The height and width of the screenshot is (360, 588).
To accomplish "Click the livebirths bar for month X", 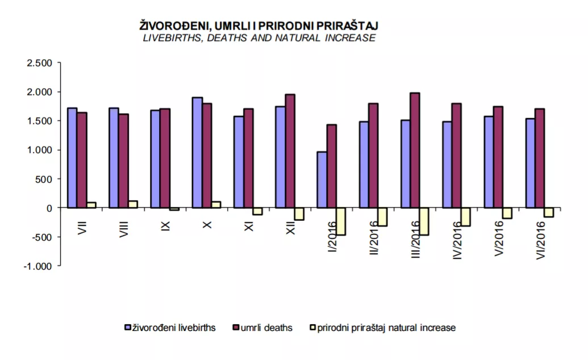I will [x=197, y=152].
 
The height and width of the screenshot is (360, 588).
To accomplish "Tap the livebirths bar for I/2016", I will [x=322, y=179].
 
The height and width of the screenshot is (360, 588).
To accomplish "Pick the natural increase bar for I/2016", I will [x=341, y=221].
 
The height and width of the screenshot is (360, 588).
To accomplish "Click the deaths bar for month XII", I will [x=290, y=151].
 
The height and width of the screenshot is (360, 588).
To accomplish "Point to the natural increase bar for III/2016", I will [x=424, y=221].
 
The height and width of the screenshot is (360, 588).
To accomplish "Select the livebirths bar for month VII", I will [x=72, y=158].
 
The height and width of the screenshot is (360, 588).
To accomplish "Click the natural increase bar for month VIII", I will [x=133, y=204].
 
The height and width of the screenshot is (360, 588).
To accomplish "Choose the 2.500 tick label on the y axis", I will [x=39, y=62].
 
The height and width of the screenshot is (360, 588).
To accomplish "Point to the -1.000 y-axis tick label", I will [x=37, y=266].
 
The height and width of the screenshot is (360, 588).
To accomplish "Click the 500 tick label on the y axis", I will [x=44, y=179].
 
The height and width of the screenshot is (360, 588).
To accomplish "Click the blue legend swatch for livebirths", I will [x=128, y=328].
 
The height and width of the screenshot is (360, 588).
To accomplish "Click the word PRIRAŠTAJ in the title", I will [x=346, y=26].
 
